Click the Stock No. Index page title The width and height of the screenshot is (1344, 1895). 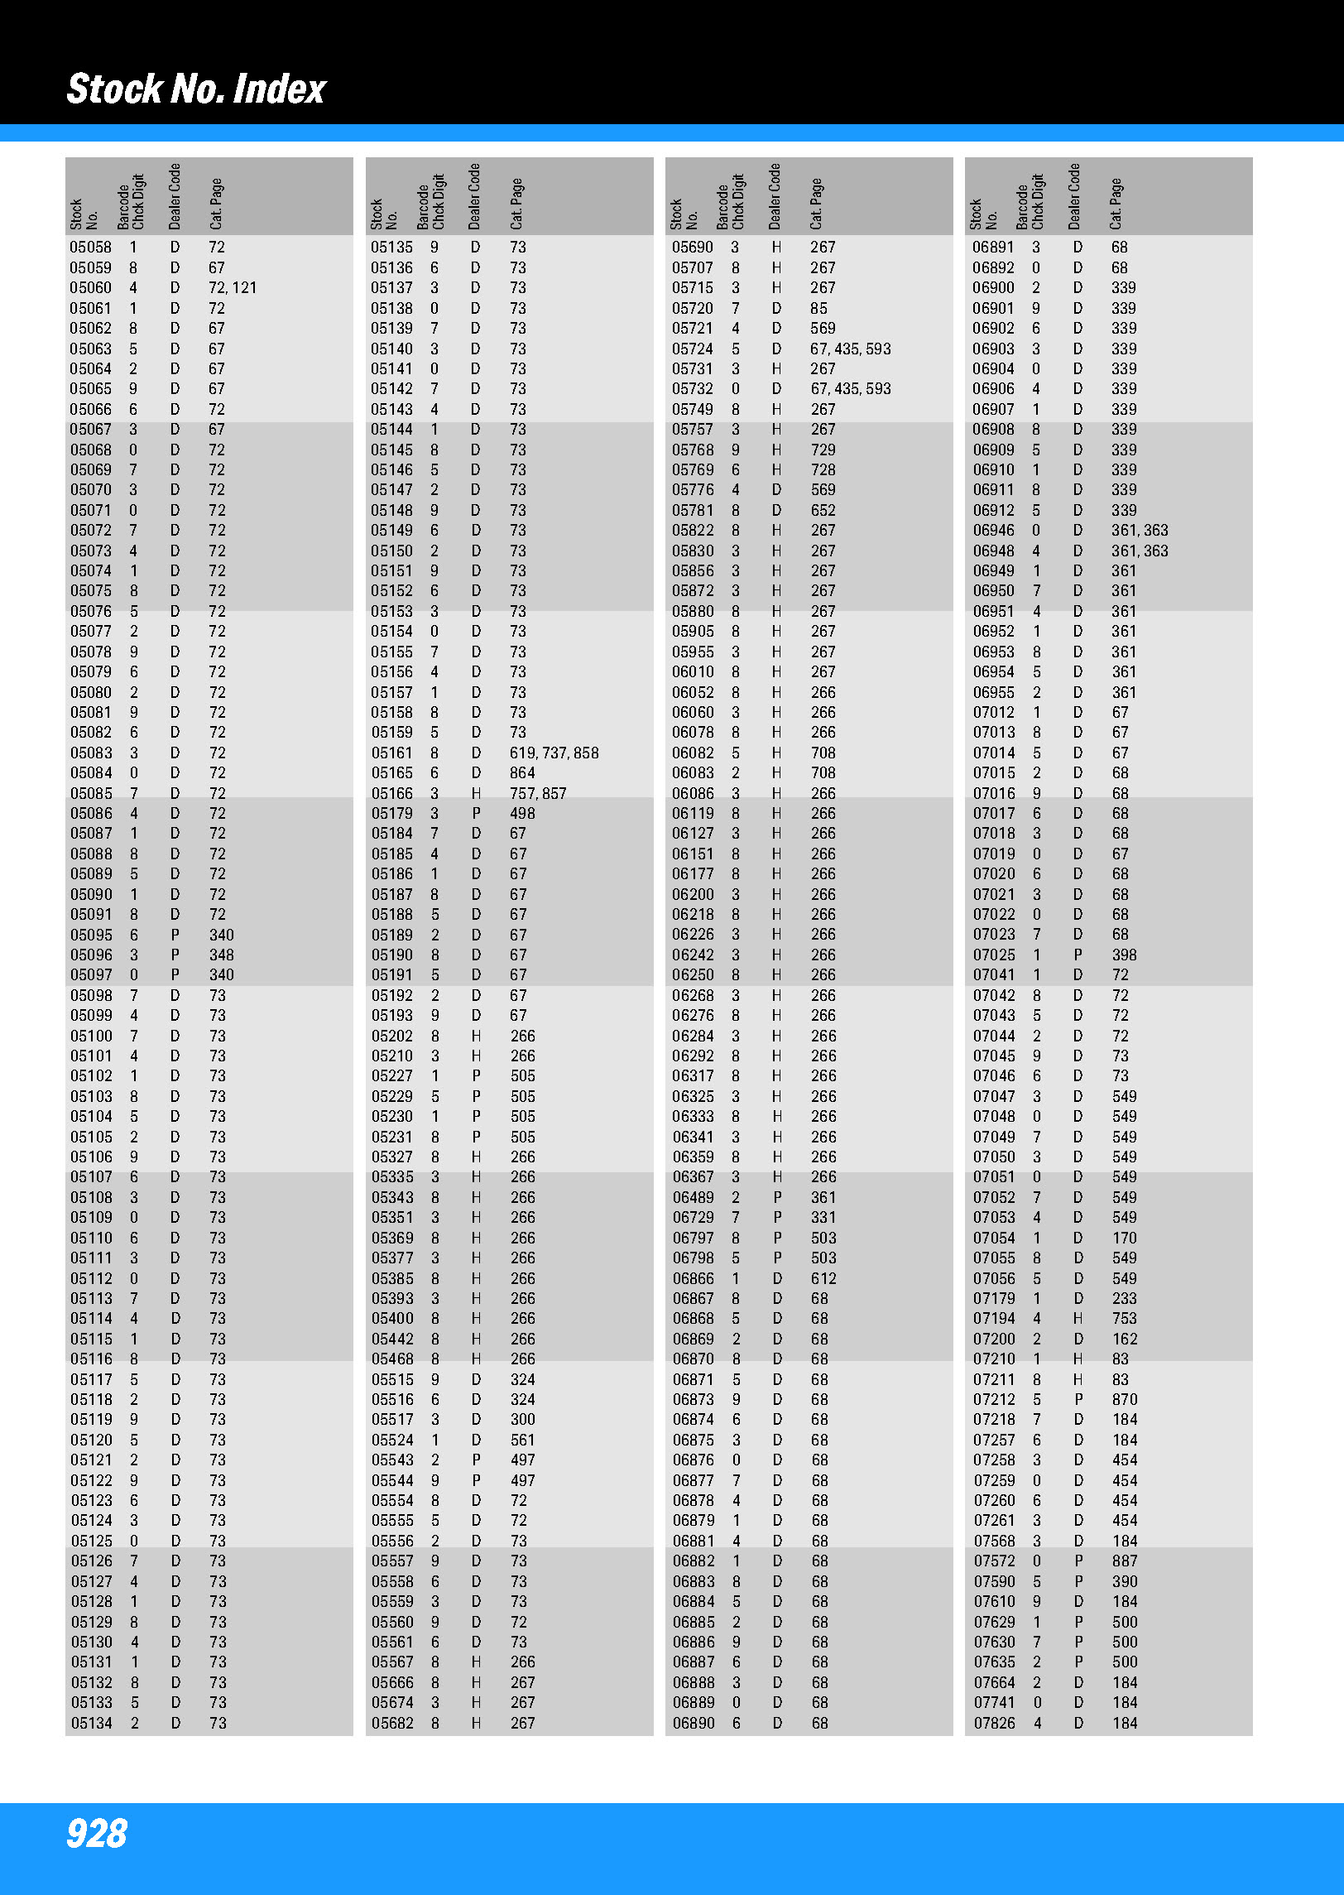click(196, 89)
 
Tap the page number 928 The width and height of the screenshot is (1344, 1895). click(97, 1833)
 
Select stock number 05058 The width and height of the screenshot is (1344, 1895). click(90, 248)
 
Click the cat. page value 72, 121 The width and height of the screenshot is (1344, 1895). click(233, 288)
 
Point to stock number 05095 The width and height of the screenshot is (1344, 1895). click(91, 935)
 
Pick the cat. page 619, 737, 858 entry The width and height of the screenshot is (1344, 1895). click(554, 753)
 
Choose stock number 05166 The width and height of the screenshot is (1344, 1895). click(391, 793)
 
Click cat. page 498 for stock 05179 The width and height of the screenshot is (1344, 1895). click(522, 813)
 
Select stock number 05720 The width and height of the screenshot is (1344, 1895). click(692, 308)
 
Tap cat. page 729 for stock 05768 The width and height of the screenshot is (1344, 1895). click(823, 450)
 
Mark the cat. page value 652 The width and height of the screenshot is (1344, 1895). click(823, 510)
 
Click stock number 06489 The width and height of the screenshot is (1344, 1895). click(693, 1197)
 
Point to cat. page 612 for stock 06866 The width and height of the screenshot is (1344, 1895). click(823, 1278)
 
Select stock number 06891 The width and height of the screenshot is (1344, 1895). click(993, 248)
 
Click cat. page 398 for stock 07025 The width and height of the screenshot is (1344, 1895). click(1124, 955)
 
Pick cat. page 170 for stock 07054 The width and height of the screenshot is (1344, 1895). click(1124, 1238)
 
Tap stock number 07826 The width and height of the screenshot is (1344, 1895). click(994, 1723)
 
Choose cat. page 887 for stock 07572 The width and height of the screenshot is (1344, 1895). click(1124, 1561)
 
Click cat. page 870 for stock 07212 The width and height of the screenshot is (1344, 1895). click(1124, 1399)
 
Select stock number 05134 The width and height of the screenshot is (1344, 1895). click(91, 1723)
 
